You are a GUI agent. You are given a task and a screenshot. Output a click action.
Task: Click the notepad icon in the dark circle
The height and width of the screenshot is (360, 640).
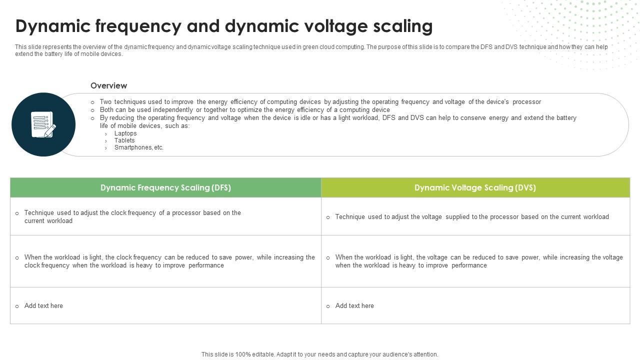click(43, 124)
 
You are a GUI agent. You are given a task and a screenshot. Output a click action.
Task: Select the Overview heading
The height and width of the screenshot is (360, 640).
click(108, 85)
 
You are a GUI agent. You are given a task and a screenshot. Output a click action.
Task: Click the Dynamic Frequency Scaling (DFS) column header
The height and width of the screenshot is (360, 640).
click(165, 187)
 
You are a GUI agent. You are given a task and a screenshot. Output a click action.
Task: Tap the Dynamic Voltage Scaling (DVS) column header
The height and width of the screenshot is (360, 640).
click(475, 187)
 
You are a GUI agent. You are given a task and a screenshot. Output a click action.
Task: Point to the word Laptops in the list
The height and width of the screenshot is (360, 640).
click(125, 133)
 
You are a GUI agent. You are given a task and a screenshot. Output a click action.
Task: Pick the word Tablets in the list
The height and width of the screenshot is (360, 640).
click(124, 140)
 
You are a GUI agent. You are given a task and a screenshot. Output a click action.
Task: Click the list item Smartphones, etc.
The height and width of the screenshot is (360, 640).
click(139, 147)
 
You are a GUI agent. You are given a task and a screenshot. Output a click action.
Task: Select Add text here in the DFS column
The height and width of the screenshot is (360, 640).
click(43, 306)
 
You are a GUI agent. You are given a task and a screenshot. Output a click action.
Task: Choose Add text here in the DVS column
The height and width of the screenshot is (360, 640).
click(354, 306)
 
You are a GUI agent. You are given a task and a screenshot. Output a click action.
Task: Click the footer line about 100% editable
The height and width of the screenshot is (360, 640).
click(320, 354)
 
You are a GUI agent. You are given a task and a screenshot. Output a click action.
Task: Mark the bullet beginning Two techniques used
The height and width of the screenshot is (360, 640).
click(320, 102)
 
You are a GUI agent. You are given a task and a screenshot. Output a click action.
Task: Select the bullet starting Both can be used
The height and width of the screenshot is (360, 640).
click(244, 110)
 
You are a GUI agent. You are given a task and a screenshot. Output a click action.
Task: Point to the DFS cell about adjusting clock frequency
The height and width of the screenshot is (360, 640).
click(132, 216)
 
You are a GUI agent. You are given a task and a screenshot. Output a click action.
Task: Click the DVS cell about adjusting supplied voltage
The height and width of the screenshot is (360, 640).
click(472, 217)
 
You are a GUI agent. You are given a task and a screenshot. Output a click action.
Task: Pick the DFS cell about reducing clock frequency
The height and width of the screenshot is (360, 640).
click(169, 261)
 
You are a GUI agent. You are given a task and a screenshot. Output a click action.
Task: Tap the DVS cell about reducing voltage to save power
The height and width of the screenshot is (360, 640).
click(479, 261)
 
